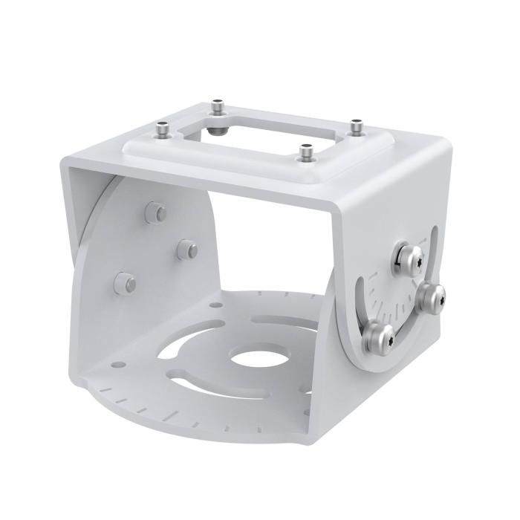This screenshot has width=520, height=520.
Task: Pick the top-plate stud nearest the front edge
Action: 304,153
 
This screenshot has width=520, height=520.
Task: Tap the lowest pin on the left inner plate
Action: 126,282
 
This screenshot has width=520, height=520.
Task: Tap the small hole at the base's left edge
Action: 117,364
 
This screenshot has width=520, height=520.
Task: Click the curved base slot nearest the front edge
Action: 223,383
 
